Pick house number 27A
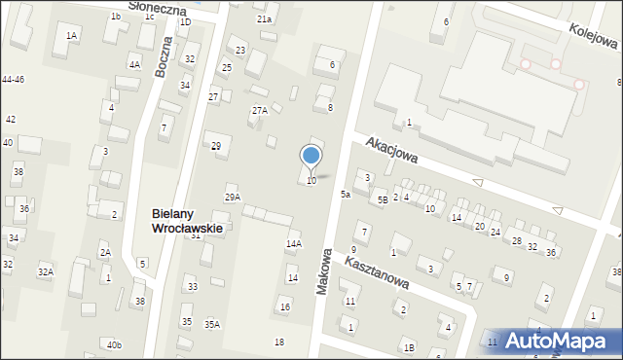[x=259, y=111]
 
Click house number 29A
[x=233, y=197]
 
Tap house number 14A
[x=293, y=244]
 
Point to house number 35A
[x=211, y=324]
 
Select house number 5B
[x=383, y=199]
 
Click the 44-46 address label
[x=13, y=79]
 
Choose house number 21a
[x=264, y=19]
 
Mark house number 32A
[x=45, y=271]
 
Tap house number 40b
[x=115, y=344]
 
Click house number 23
[x=240, y=50]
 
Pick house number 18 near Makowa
[x=279, y=342]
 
